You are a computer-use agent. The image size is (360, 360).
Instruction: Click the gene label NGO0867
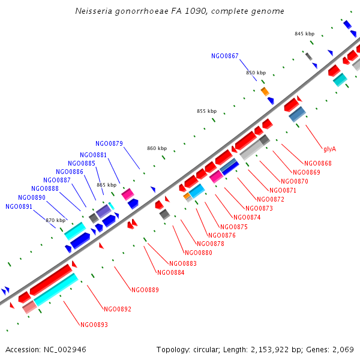pyautogui.click(x=225, y=56)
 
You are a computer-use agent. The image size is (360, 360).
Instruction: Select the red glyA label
pyautogui.click(x=329, y=148)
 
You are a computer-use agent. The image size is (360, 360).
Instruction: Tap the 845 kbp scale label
pyautogui.click(x=304, y=34)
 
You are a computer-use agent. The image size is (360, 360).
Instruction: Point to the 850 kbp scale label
pyautogui.click(x=256, y=73)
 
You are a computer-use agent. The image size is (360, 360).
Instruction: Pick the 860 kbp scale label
pyautogui.click(x=157, y=148)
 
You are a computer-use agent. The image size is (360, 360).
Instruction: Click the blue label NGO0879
pyautogui.click(x=109, y=143)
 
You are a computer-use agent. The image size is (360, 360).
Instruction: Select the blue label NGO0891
pyautogui.click(x=19, y=206)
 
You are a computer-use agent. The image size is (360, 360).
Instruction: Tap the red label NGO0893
pyautogui.click(x=94, y=325)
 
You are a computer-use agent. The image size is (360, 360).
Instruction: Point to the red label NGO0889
pyautogui.click(x=145, y=290)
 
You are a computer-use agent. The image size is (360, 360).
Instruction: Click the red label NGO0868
pyautogui.click(x=318, y=163)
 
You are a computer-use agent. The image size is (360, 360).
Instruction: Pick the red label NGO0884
pyautogui.click(x=170, y=272)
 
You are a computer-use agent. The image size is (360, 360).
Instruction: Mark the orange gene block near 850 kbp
pyautogui.click(x=265, y=91)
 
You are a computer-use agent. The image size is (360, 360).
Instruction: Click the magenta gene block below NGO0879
pyautogui.click(x=127, y=194)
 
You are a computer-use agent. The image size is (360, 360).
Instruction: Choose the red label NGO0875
pyautogui.click(x=234, y=227)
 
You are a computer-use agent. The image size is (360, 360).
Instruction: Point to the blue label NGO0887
pyautogui.click(x=57, y=180)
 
